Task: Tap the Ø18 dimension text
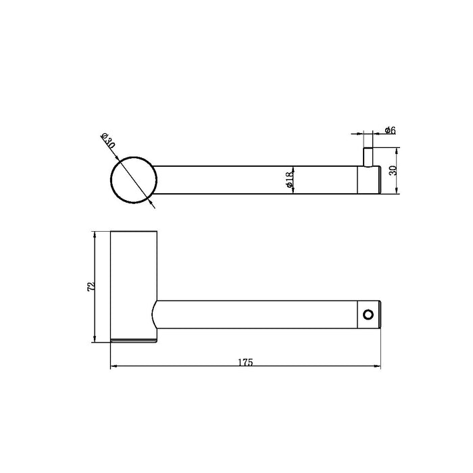tap(288, 179)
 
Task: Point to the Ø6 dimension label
tap(389, 130)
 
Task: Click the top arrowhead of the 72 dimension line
tap(95, 234)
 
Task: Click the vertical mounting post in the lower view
tap(134, 284)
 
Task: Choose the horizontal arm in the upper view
tap(257, 179)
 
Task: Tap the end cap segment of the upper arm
tap(369, 179)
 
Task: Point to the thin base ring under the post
tap(134, 339)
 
